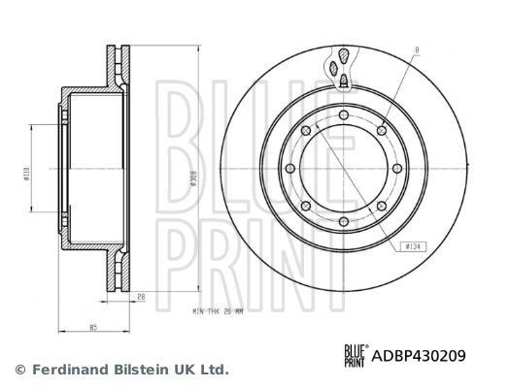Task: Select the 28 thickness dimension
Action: click(141, 297)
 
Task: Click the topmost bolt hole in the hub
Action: click(345, 115)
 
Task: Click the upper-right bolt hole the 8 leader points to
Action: click(384, 132)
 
